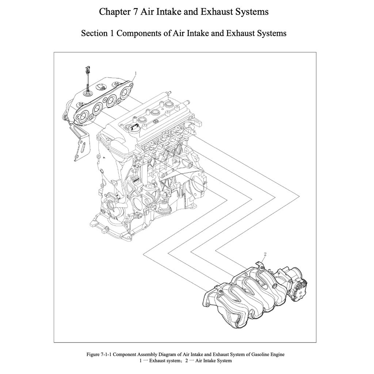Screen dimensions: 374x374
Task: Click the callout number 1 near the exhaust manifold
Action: point(136,73)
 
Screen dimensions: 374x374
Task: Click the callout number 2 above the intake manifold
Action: point(265,253)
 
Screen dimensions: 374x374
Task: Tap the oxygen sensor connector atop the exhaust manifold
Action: point(87,69)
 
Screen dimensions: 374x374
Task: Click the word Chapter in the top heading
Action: point(112,12)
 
